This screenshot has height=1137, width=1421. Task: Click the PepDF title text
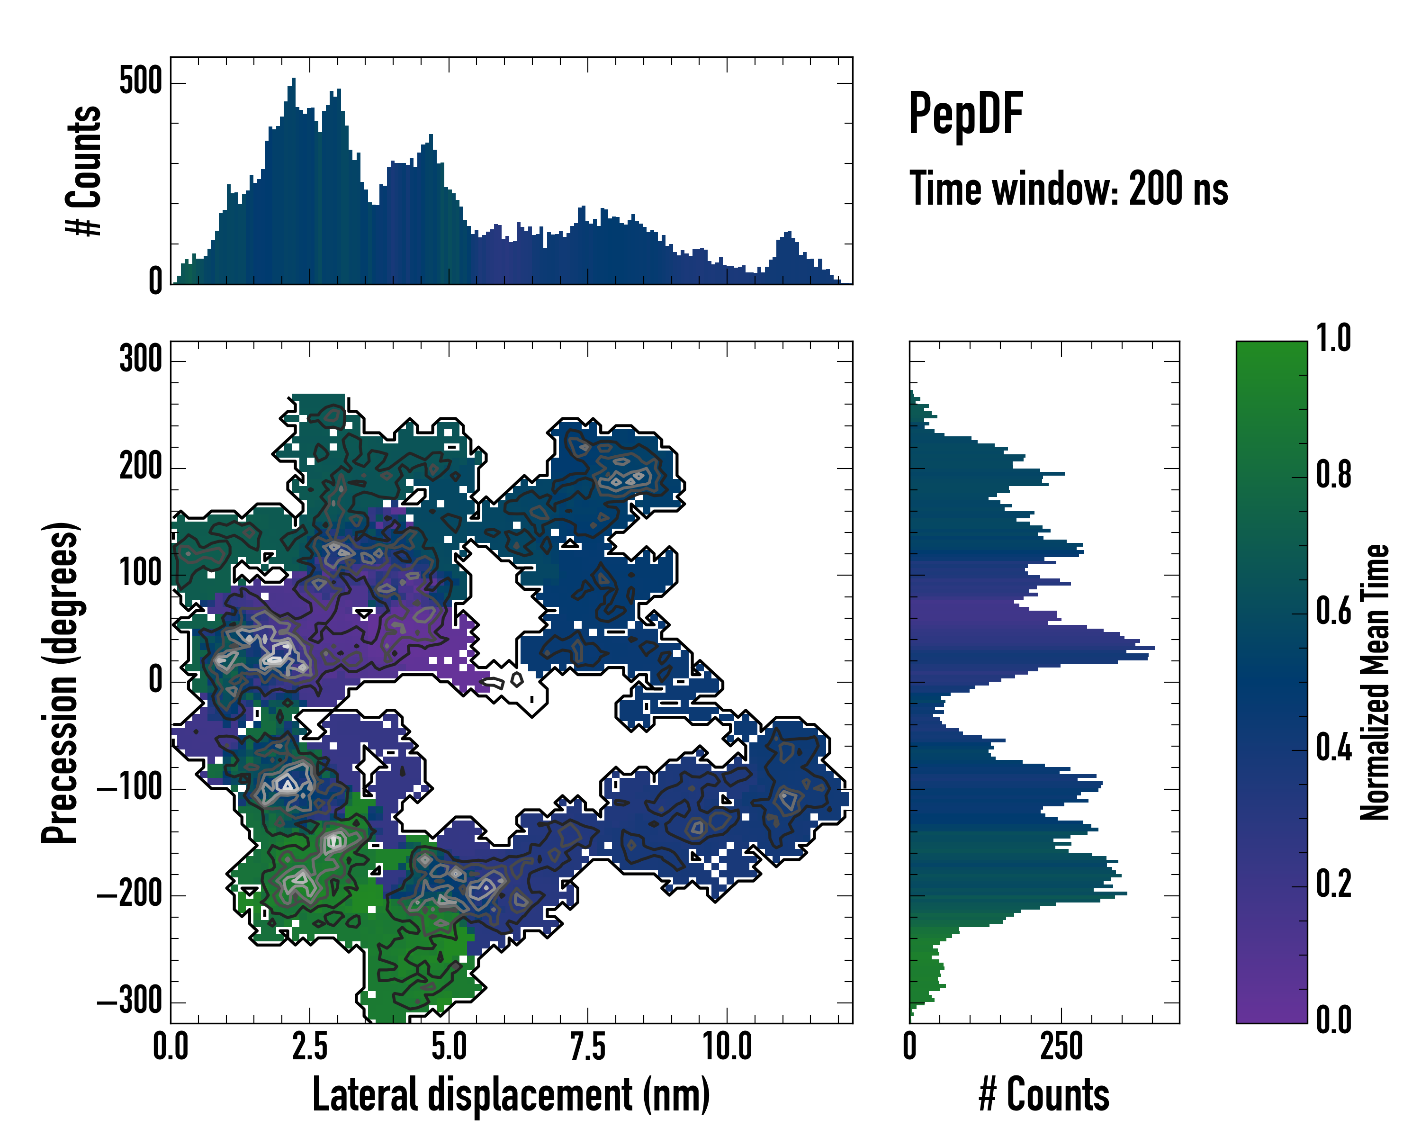click(x=965, y=114)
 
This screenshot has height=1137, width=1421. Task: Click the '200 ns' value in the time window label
click(x=1178, y=189)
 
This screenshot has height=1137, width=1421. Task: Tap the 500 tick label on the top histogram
click(x=140, y=82)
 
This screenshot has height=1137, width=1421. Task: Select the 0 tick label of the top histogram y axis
click(x=155, y=281)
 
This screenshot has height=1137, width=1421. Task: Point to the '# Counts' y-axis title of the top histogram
click(x=84, y=171)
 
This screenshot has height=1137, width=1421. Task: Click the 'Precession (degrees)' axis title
click(x=61, y=682)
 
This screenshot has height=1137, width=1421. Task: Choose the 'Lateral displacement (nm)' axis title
click(x=511, y=1095)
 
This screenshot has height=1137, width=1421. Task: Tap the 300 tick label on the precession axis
click(x=140, y=360)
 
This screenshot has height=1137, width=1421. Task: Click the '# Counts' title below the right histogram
click(x=1044, y=1095)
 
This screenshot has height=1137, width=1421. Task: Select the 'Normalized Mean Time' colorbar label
click(x=1375, y=682)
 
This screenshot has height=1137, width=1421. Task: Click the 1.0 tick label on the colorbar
click(x=1333, y=339)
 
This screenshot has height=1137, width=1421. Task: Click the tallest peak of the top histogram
click(x=293, y=81)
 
